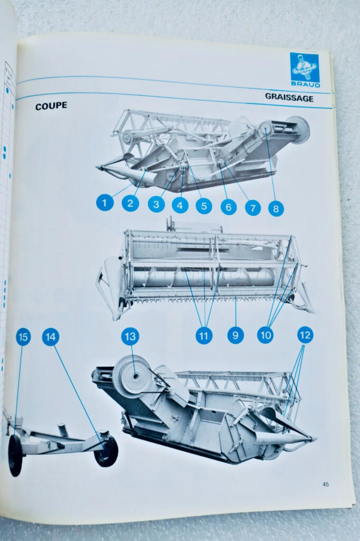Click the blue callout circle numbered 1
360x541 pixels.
pyautogui.click(x=105, y=202)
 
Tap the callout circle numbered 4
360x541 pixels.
pyautogui.click(x=180, y=206)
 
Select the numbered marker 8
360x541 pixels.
pyautogui.click(x=276, y=208)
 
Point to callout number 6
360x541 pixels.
pyautogui.click(x=229, y=207)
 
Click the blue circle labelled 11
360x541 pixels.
pyautogui.click(x=204, y=335)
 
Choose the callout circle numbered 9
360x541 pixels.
pyautogui.click(x=235, y=335)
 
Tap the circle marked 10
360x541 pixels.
pyautogui.click(x=266, y=335)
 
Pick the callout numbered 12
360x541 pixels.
pyautogui.click(x=305, y=334)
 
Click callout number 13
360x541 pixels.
pyautogui.click(x=130, y=337)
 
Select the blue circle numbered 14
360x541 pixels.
pyautogui.click(x=51, y=337)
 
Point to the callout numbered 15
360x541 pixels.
pyautogui.click(x=23, y=337)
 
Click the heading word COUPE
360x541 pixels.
pyautogui.click(x=51, y=106)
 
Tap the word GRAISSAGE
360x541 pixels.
pyautogui.click(x=289, y=98)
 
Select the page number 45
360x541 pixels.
pyautogui.click(x=326, y=484)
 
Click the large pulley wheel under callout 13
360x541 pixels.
pyautogui.click(x=132, y=377)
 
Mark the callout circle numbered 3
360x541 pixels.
pyautogui.click(x=156, y=204)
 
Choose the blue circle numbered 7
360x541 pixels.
pyautogui.click(x=253, y=208)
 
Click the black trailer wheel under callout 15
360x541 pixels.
pyautogui.click(x=15, y=455)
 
